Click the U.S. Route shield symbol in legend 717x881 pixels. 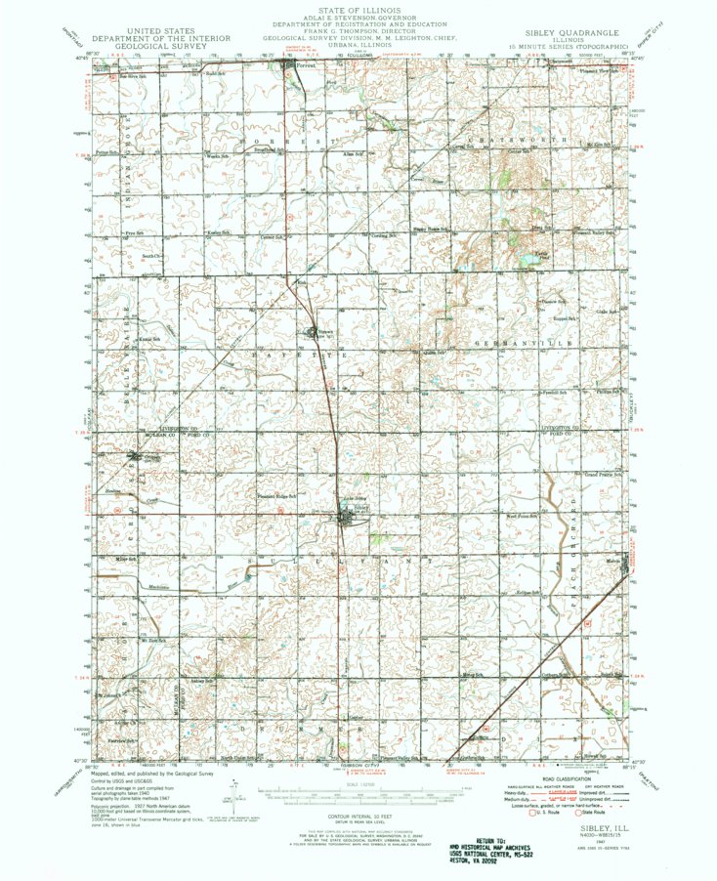pyautogui.click(x=532, y=812)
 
